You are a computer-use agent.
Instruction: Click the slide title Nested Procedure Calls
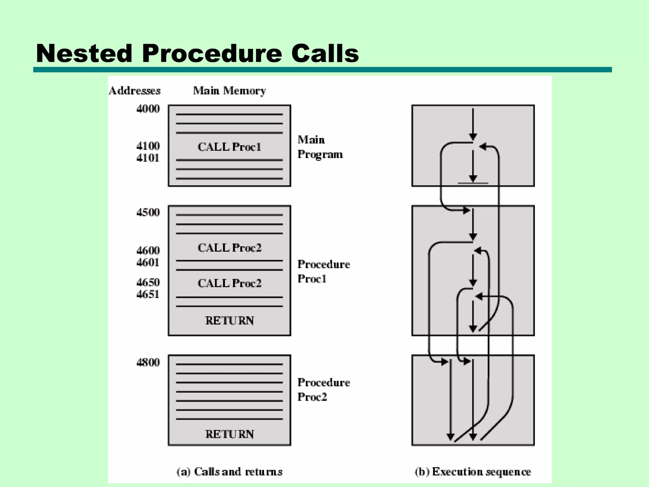[x=197, y=53]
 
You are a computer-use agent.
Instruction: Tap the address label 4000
[x=148, y=109]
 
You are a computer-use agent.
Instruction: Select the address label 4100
[x=148, y=146]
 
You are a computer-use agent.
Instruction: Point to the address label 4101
[x=148, y=158]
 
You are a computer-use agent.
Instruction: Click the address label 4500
[x=148, y=212]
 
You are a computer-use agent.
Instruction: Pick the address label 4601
[x=148, y=263]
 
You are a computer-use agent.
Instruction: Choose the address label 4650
[x=148, y=282]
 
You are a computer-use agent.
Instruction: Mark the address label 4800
[x=148, y=362]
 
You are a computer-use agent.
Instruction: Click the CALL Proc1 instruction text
[x=229, y=147]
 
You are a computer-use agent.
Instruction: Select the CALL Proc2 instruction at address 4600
[x=229, y=248]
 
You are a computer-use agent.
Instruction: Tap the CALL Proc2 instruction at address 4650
[x=229, y=283]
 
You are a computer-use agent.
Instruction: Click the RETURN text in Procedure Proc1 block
[x=229, y=321]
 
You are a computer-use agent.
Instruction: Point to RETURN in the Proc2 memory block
[x=229, y=434]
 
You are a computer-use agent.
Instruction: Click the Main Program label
[x=320, y=147]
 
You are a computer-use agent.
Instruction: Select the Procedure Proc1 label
[x=324, y=271]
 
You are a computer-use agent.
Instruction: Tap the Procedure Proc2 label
[x=324, y=390]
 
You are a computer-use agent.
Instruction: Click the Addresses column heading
[x=135, y=91]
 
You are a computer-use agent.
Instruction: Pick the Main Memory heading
[x=229, y=91]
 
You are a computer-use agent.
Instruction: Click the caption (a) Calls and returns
[x=229, y=472]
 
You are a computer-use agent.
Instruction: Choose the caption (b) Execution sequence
[x=473, y=472]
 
